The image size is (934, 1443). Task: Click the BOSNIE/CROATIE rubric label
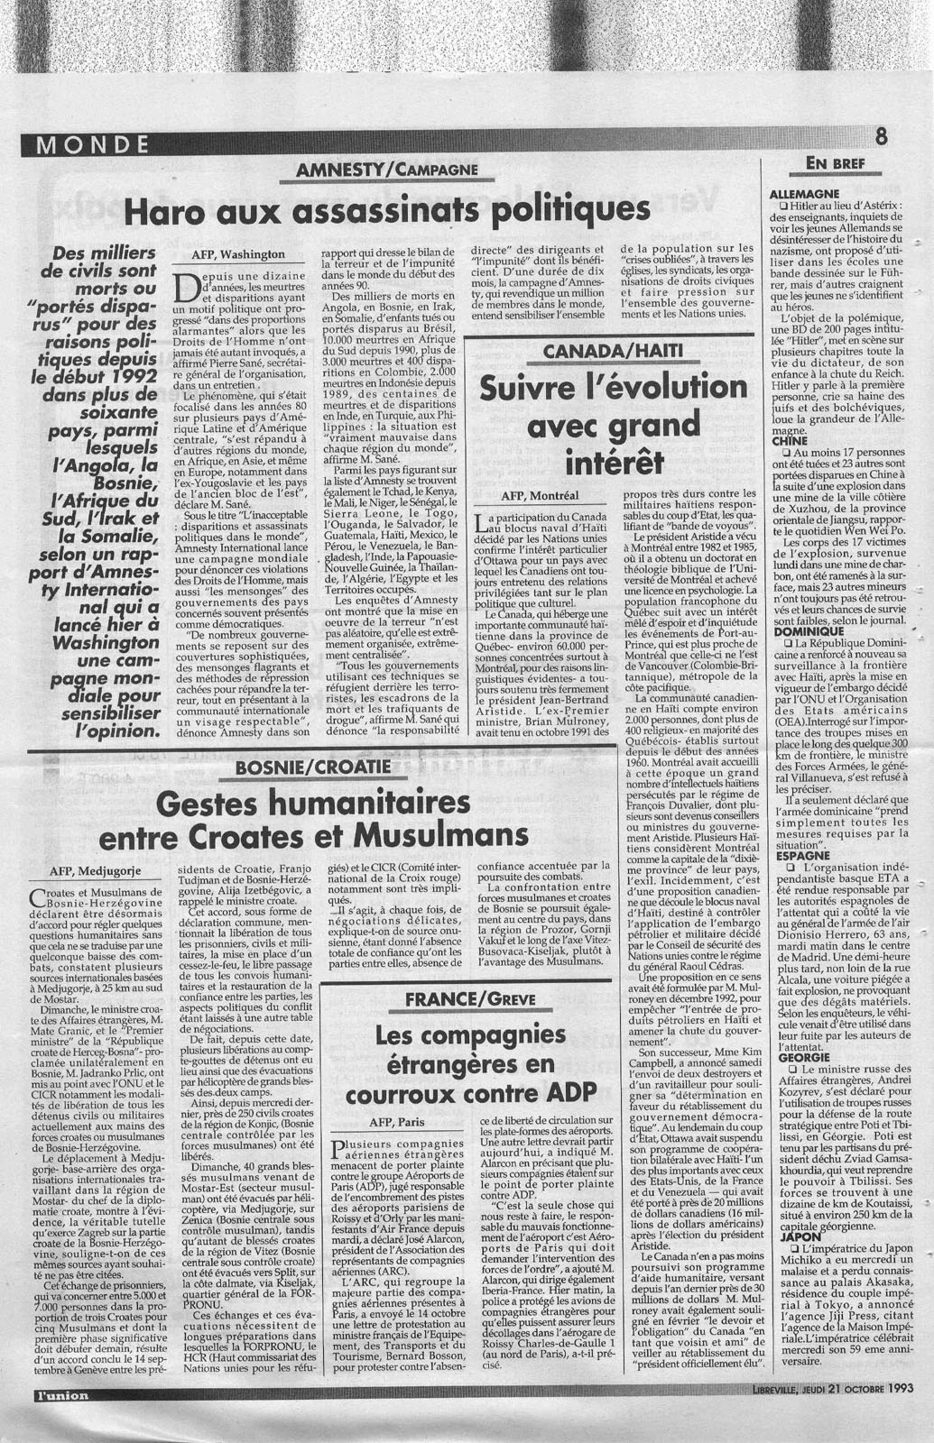coord(312,767)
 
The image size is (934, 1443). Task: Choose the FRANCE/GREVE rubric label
coord(470,998)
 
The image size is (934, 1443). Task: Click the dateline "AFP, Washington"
coord(238,254)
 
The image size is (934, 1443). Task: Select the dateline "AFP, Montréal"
coord(540,495)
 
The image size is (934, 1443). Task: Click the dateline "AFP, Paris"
coord(397,1122)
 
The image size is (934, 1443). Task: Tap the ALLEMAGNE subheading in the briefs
coord(804,194)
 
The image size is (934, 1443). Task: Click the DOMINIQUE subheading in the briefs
coord(800,631)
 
